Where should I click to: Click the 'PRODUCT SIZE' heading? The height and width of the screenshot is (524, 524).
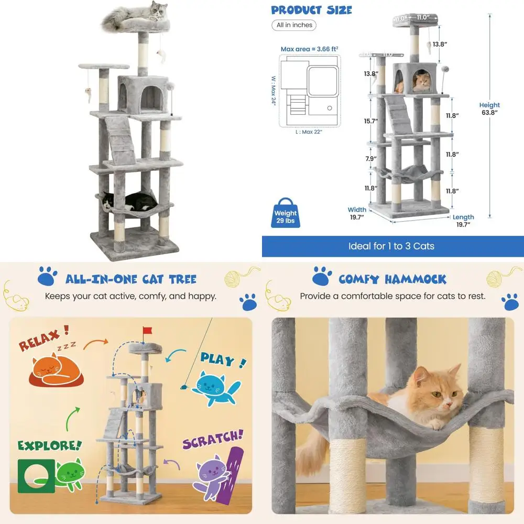click(x=311, y=10)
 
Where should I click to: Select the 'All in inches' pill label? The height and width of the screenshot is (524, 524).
click(x=294, y=25)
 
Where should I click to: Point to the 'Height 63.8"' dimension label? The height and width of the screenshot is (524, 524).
click(x=489, y=108)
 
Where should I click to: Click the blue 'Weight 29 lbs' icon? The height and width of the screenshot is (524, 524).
click(x=285, y=213)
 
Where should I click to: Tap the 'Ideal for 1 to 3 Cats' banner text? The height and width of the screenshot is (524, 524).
click(x=391, y=246)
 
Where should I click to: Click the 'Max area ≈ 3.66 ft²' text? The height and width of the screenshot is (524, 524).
click(x=309, y=49)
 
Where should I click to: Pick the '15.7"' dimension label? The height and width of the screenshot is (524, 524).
click(x=370, y=121)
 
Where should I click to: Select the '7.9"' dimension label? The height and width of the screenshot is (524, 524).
click(x=370, y=159)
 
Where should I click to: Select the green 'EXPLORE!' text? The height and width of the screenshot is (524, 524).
click(x=49, y=445)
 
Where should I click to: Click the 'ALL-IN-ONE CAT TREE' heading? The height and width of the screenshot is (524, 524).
click(x=131, y=279)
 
